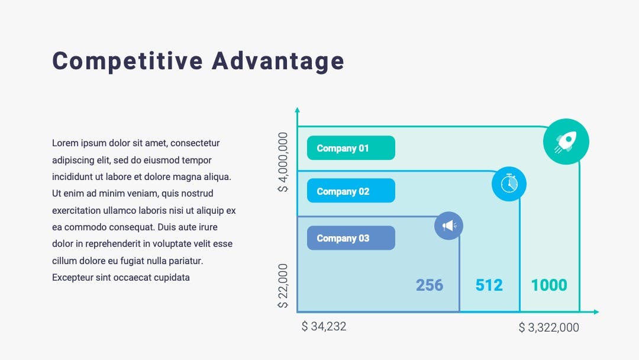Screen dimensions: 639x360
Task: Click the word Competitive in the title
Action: coord(128,61)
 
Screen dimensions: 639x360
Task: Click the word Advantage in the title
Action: coord(278,61)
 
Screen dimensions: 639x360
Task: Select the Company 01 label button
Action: coord(351,148)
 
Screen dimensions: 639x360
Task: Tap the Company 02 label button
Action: coord(351,191)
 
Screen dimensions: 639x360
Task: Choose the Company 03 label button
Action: coord(351,238)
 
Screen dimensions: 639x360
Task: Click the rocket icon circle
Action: coord(566,142)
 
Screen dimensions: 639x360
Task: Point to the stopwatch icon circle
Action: coord(509,184)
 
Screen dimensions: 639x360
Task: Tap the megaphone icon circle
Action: coord(448,226)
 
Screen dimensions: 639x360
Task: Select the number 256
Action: coord(430,285)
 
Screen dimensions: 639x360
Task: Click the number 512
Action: coord(489,285)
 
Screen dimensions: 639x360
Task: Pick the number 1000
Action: coord(549,285)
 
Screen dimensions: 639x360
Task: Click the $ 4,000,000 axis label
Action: coord(283,162)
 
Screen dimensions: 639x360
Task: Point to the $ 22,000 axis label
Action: coord(283,286)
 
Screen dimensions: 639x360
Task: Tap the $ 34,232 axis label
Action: coord(324,327)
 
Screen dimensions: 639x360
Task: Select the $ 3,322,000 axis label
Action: coord(549,327)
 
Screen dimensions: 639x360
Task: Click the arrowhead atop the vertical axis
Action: coord(297,110)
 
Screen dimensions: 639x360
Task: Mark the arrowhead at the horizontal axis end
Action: coord(596,312)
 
